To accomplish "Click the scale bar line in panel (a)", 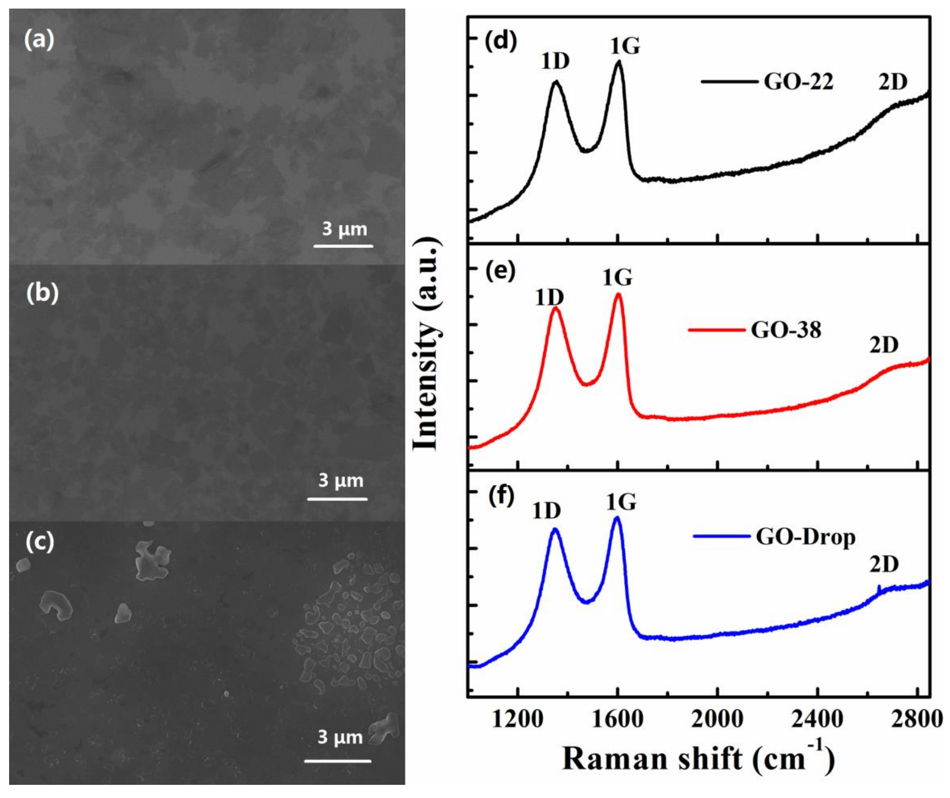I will pos(343,246).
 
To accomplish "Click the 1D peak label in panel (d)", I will pos(555,61).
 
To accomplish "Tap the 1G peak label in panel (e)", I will pos(617,277).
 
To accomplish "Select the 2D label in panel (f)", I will pos(883,564).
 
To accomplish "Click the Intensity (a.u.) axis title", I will pos(427,344).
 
